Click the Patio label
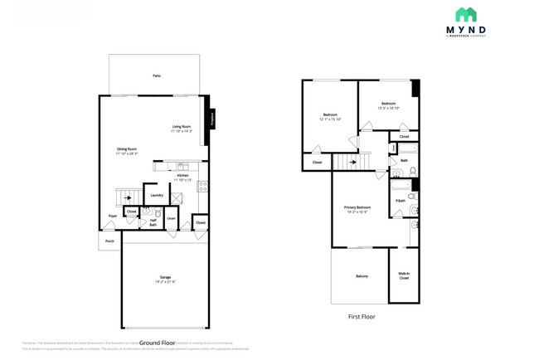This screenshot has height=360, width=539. (x=156, y=75)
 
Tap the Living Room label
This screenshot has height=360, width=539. (x=182, y=129)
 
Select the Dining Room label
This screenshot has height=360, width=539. (x=127, y=151)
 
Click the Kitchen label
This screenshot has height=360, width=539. (x=183, y=178)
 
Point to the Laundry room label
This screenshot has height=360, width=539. (x=156, y=195)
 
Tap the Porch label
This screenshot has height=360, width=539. (x=109, y=241)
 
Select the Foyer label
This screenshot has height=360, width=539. (x=112, y=216)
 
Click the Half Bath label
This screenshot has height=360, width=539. (x=153, y=222)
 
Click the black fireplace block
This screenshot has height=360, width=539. (x=211, y=119)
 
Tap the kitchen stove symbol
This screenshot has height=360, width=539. (x=202, y=187)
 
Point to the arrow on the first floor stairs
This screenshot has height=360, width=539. (x=352, y=162)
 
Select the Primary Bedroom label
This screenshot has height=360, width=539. (x=357, y=209)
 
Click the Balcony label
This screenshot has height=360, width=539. (x=362, y=276)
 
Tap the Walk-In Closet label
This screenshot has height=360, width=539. (x=404, y=276)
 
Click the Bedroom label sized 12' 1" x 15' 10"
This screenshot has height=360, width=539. (x=329, y=116)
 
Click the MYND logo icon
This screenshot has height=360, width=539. (x=465, y=15)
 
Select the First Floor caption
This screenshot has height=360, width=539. (x=362, y=317)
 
